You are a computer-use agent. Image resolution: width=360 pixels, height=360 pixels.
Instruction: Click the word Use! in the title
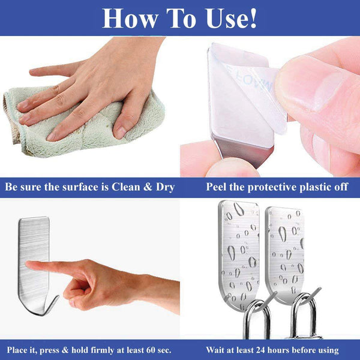232,19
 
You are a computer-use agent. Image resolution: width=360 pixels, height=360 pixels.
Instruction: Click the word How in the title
130,19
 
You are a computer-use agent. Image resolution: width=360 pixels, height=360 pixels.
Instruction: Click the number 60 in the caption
151,350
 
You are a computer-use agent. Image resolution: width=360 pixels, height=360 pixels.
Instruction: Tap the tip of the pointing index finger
27,264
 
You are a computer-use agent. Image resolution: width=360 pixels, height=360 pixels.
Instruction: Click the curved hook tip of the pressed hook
58,297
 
